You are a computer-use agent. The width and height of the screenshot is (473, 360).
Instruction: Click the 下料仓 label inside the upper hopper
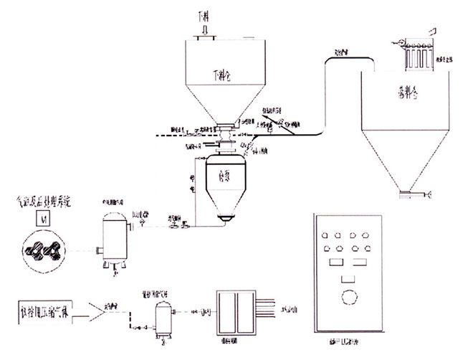tap(224, 74)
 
